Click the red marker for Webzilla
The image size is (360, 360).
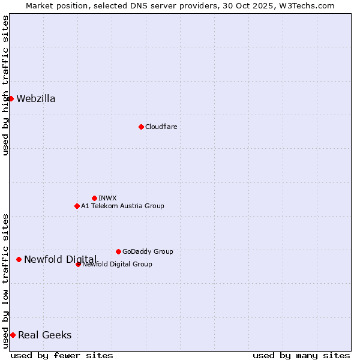coord(11,98)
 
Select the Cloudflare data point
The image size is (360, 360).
coord(141,127)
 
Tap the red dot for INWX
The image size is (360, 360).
coord(94,198)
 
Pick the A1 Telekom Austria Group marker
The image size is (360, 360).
coord(77,206)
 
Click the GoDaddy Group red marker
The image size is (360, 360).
coord(118,251)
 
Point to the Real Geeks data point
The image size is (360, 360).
coord(13,335)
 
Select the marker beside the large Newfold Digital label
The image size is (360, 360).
coord(19,259)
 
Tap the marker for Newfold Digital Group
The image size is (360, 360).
coord(78,264)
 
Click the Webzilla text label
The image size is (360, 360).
coord(36,99)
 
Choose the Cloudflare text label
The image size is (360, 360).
coord(161,127)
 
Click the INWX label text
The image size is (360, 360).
coord(107,198)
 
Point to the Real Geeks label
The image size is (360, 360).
coord(45,335)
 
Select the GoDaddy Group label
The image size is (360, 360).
coord(148,251)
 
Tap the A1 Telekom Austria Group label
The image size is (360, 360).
coord(122,206)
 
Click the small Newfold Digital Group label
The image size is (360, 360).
coord(118,264)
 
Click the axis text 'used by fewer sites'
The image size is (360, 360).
coord(62,355)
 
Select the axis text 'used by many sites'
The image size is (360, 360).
coord(301,355)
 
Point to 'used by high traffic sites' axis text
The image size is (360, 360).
coord(6,85)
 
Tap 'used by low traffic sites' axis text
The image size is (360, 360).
coord(6,281)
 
